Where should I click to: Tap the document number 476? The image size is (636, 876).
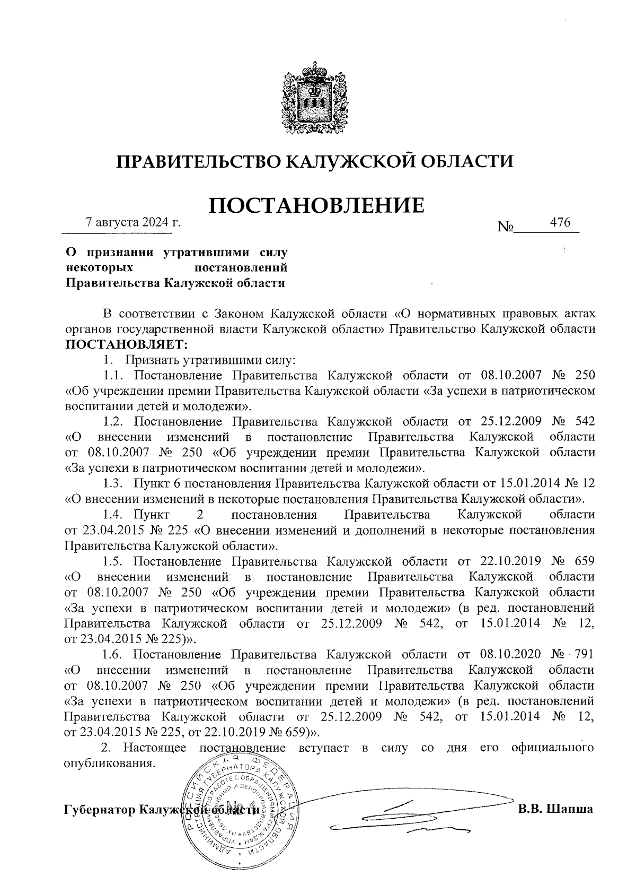[x=560, y=222]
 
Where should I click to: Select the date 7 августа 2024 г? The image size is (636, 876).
[x=133, y=222]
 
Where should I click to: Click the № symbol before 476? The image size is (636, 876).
[x=506, y=227]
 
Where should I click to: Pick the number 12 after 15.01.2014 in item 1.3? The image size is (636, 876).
[x=588, y=483]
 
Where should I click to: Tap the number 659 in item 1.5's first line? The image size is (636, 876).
[x=584, y=561]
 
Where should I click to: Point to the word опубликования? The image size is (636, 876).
[x=110, y=763]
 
